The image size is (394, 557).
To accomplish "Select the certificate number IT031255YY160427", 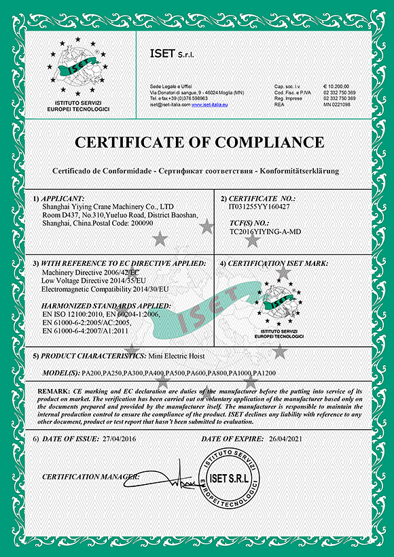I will [x=260, y=207].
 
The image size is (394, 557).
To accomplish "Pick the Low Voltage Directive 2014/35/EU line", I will [x=94, y=280].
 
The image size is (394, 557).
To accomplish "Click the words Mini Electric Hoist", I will [x=182, y=356].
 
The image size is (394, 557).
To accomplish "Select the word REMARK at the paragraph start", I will [x=53, y=392].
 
